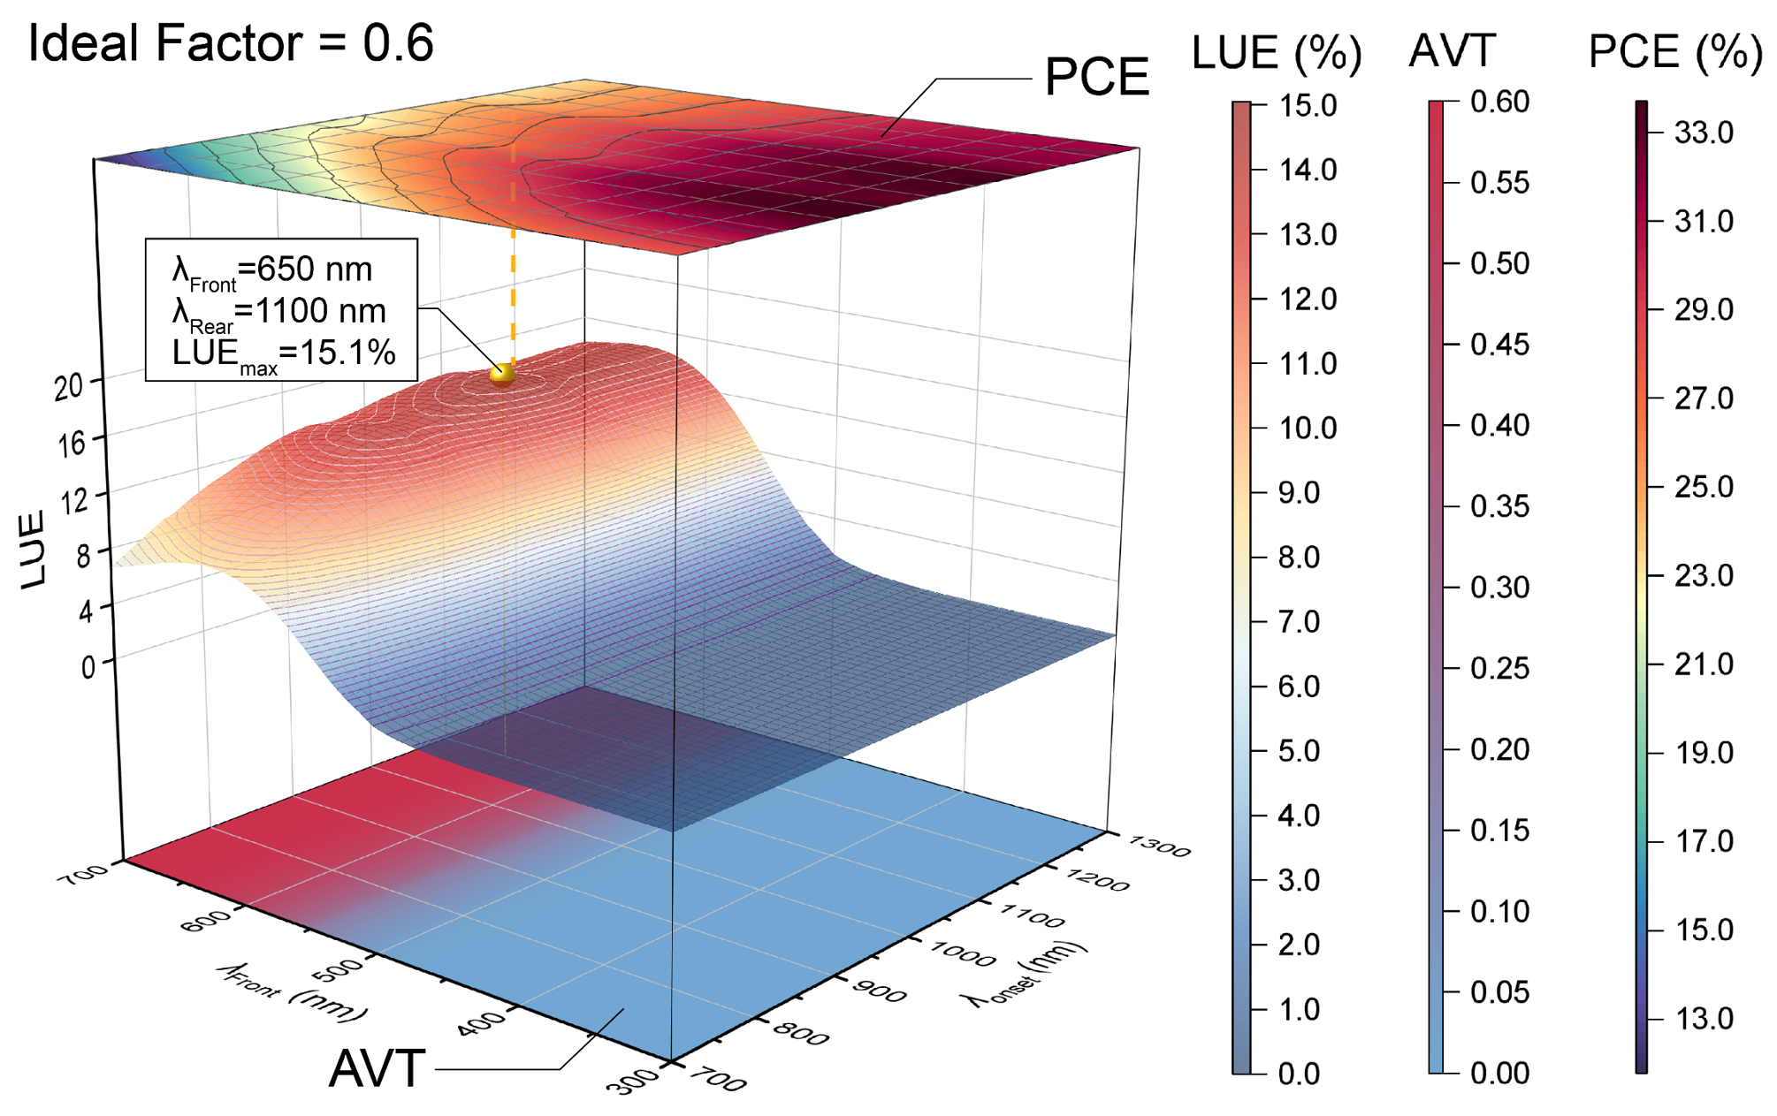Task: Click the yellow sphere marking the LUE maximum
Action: [x=502, y=374]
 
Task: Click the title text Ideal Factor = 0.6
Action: [x=231, y=43]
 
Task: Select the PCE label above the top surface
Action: [x=1096, y=77]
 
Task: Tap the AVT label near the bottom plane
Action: [x=378, y=1069]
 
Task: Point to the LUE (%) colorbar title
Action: [x=1276, y=52]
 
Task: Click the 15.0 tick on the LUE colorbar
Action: [x=1308, y=106]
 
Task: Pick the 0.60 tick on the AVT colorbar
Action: [x=1499, y=102]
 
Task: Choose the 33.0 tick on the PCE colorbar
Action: [x=1704, y=133]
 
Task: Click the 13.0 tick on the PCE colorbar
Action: [x=1704, y=1019]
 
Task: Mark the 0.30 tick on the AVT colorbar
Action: [x=1499, y=588]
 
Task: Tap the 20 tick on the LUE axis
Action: [x=69, y=386]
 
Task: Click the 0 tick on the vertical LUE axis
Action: [x=88, y=666]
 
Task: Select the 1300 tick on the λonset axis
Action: [x=1159, y=846]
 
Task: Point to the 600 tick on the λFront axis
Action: [x=206, y=921]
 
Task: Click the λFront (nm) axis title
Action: [x=292, y=992]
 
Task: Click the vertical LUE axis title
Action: [x=33, y=550]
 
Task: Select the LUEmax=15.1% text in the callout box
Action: [x=283, y=353]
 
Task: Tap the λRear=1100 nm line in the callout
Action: [x=279, y=312]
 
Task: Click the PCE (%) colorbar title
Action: [x=1674, y=52]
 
